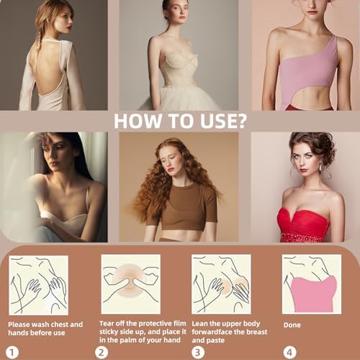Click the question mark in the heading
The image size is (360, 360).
pyautogui.click(x=239, y=121)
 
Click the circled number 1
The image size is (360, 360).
pyautogui.click(x=12, y=352)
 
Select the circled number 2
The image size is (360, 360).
pyautogui.click(x=102, y=352)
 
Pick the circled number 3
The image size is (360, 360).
pyautogui.click(x=198, y=352)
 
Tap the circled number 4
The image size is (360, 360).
pyautogui.click(x=289, y=352)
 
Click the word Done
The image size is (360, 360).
pyautogui.click(x=292, y=325)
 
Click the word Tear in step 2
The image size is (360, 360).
pyautogui.click(x=107, y=323)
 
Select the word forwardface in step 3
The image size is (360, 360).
pyautogui.click(x=212, y=332)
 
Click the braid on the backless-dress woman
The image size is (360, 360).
pyautogui.click(x=37, y=45)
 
